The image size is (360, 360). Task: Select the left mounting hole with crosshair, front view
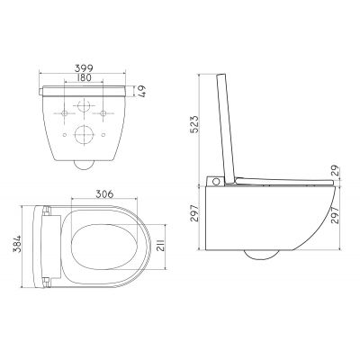[65, 112]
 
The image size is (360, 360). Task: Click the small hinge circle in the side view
[218, 183]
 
